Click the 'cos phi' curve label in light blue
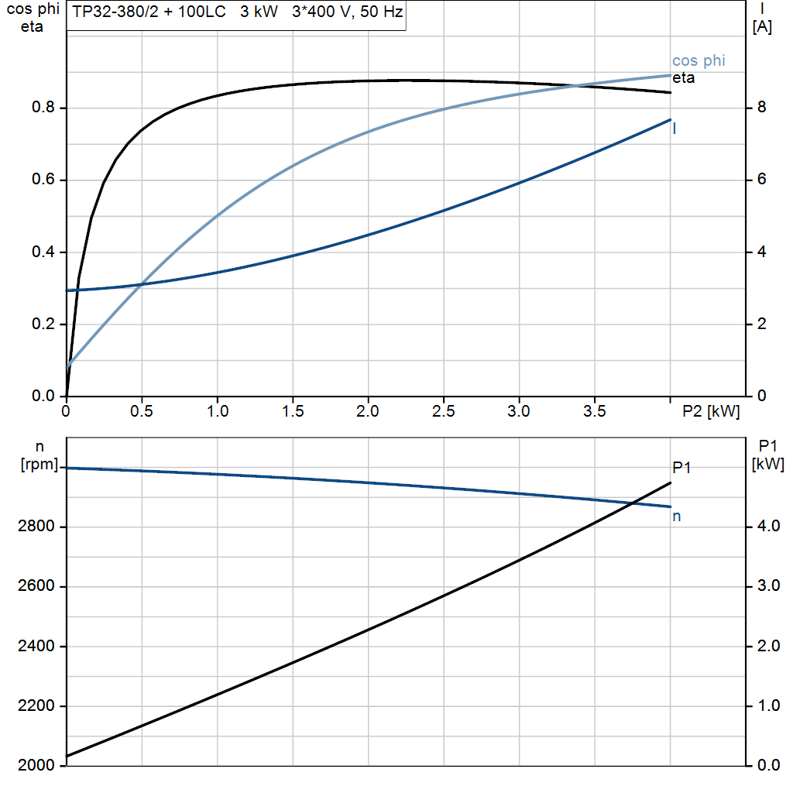click(x=699, y=61)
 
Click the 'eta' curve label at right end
click(x=683, y=78)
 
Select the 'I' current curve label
click(x=675, y=129)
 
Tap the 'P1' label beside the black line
click(x=681, y=467)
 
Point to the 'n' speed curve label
click(x=677, y=517)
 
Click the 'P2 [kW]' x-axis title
click(x=711, y=412)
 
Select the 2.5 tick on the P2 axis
click(x=444, y=412)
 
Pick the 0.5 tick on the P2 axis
click(x=142, y=412)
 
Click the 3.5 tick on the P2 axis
click(x=594, y=412)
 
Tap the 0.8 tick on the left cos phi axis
click(x=43, y=108)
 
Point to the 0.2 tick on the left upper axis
click(x=43, y=324)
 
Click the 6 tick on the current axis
click(x=761, y=180)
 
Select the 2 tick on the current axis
click(x=761, y=324)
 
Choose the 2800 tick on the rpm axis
click(x=36, y=527)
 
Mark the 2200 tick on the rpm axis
click(x=36, y=706)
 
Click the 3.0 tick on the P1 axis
click(x=767, y=587)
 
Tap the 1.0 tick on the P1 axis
click(x=767, y=706)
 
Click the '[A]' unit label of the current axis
click(x=762, y=28)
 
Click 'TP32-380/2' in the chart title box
click(x=114, y=13)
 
